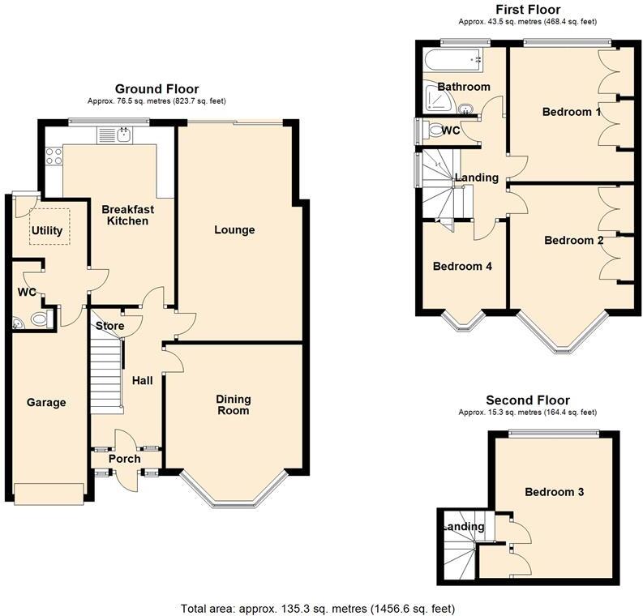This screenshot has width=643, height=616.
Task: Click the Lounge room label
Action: pos(234,230)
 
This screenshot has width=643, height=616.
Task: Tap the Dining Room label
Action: pos(233,404)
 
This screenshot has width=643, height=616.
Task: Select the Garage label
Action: pos(46,403)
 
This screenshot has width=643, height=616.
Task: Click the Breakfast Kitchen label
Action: pos(127,215)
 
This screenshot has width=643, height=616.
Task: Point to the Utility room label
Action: pos(46,231)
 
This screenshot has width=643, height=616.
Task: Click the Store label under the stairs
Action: pos(110,326)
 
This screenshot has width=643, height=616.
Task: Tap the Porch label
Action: pos(126,460)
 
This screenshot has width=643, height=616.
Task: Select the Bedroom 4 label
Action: pos(461,266)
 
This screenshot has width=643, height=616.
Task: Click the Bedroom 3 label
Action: pos(554,492)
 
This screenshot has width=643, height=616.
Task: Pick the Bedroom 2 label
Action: pos(573,240)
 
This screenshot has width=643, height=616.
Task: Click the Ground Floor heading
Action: pos(156,89)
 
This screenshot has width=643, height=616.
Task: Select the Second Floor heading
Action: pos(527,400)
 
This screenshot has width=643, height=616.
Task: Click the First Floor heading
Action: pos(527,10)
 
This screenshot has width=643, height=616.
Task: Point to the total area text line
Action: pos(317,608)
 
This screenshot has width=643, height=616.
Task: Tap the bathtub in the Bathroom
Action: pos(452,59)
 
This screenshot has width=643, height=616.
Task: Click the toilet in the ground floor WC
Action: pos(39,319)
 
